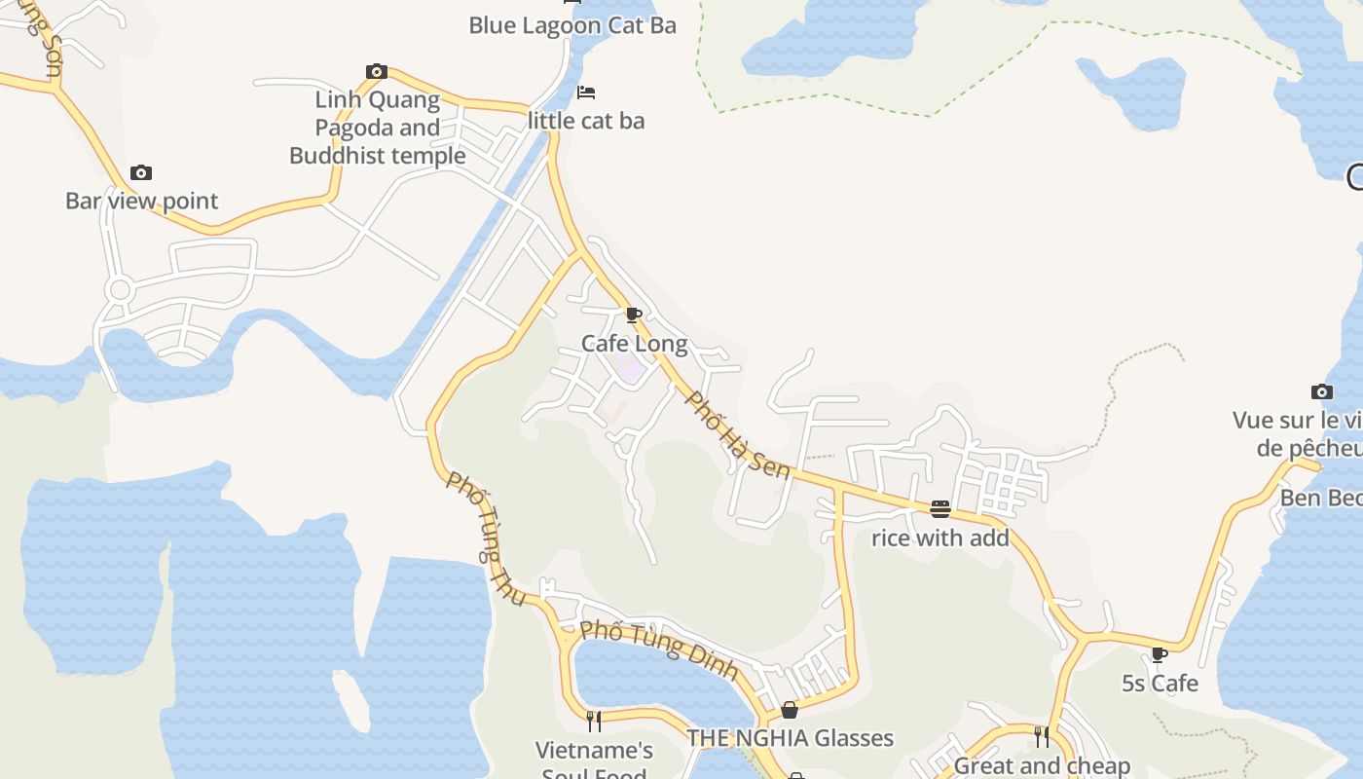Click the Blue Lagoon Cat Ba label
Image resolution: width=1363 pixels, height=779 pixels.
(572, 25)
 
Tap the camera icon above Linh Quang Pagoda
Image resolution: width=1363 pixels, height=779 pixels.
(377, 71)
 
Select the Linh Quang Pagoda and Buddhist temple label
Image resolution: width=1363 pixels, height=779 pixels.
(378, 128)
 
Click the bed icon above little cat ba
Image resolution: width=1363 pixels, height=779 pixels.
(586, 93)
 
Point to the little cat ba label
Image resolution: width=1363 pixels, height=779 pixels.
(586, 121)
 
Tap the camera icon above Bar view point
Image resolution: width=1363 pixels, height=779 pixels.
(141, 172)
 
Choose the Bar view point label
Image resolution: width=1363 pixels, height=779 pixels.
(142, 201)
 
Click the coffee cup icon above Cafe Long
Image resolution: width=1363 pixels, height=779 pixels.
(633, 315)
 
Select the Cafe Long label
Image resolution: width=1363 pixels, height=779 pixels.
(635, 344)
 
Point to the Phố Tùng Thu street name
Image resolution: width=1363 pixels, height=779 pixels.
(486, 538)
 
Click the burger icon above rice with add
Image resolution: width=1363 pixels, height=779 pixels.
(940, 508)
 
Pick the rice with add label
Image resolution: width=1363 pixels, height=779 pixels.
(940, 538)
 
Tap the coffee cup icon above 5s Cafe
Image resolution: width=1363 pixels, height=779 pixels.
(1159, 654)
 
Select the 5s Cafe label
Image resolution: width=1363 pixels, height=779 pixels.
(1160, 684)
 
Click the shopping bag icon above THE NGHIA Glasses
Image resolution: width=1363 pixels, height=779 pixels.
(790, 710)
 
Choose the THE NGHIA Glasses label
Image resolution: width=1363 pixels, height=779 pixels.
(790, 738)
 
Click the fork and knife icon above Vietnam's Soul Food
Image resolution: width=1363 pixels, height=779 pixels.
(594, 722)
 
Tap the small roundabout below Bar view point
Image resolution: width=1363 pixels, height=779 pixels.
(120, 289)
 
